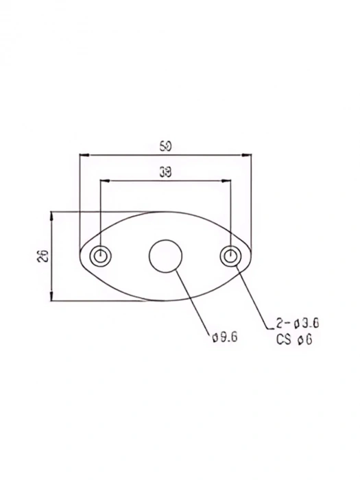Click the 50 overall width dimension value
click(165, 145)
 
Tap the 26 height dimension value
click(42, 256)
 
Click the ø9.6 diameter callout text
click(225, 337)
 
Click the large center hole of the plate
click(165, 256)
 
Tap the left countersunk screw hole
click(101, 256)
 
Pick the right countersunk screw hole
click(230, 256)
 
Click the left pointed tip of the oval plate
click(80, 256)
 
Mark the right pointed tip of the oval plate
click(251, 256)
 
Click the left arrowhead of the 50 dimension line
click(83, 154)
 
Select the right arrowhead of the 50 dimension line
click(248, 154)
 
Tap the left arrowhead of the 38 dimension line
click(104, 181)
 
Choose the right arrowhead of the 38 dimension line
click(226, 181)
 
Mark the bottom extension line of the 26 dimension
click(103, 300)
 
